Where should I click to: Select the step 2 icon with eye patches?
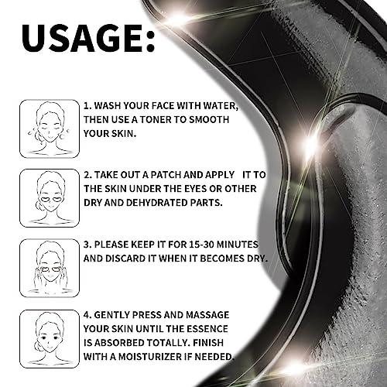click(49, 197)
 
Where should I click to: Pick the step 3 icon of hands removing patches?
click(49, 266)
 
